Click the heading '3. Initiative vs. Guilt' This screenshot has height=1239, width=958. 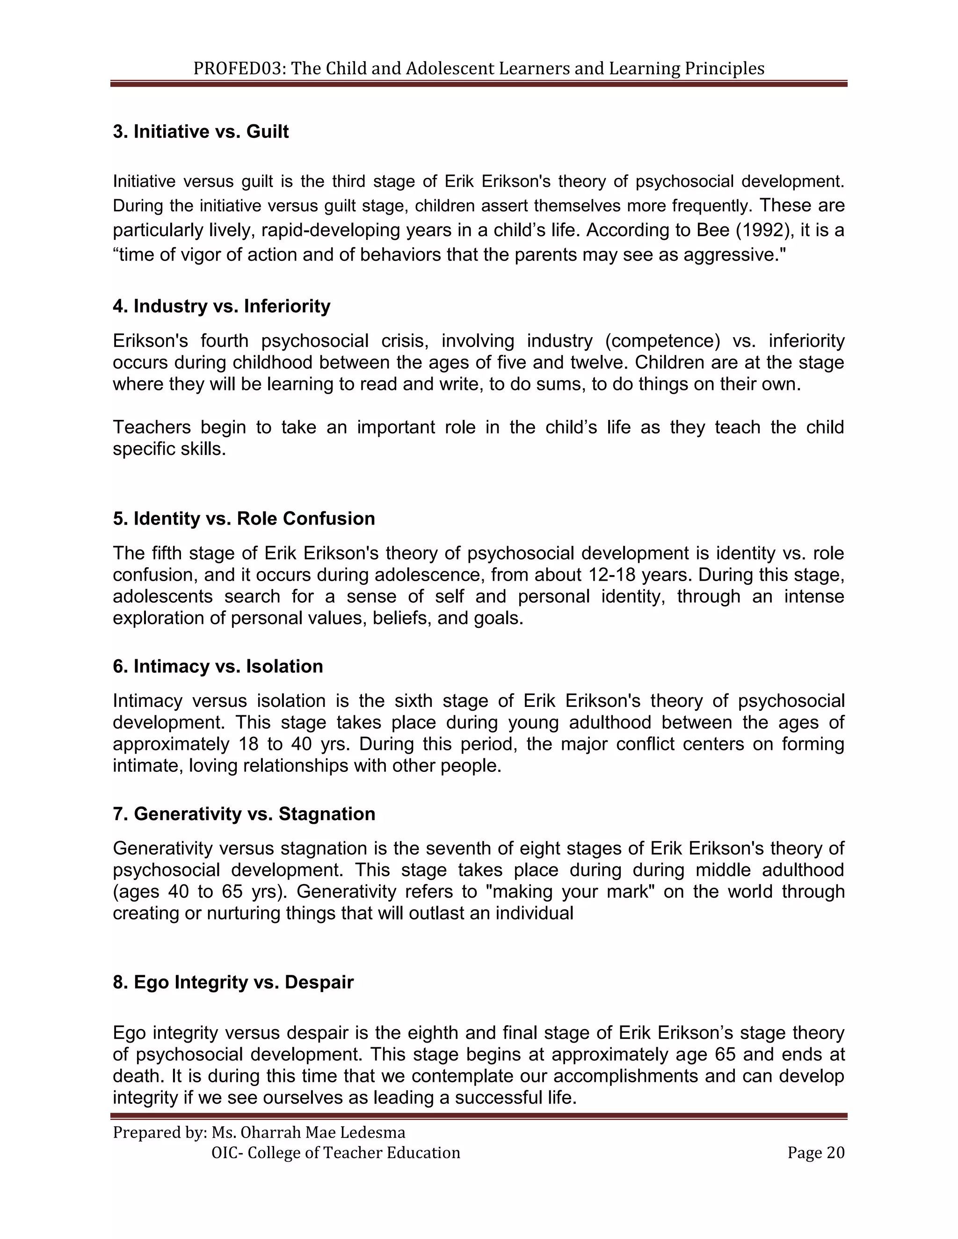tap(201, 132)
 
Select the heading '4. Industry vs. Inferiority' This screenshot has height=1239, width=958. tap(221, 306)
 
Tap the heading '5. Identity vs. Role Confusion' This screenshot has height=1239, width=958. tap(244, 519)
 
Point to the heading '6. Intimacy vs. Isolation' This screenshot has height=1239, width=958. tap(218, 666)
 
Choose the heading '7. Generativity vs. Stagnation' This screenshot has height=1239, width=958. tap(244, 814)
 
